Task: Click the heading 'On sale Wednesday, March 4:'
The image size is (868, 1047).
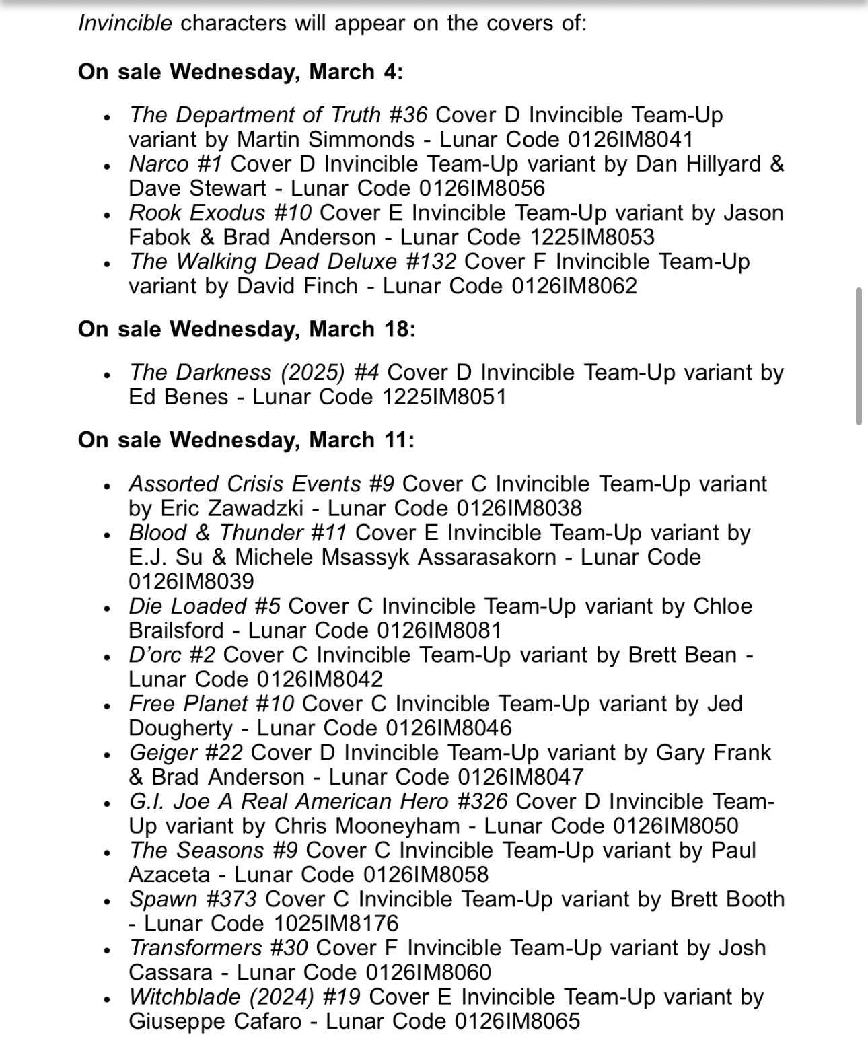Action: [x=240, y=71]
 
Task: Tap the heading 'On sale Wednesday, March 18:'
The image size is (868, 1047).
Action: [x=246, y=329]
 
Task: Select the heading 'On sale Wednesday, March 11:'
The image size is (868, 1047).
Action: [x=246, y=440]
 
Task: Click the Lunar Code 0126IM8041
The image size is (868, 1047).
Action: [x=630, y=139]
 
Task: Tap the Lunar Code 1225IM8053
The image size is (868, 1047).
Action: [x=592, y=237]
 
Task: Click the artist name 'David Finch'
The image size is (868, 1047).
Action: [x=297, y=286]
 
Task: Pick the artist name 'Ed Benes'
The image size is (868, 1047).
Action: [x=178, y=396]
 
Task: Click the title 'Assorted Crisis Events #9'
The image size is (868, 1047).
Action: [x=261, y=484]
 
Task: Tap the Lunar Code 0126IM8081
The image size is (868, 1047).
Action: [x=439, y=630]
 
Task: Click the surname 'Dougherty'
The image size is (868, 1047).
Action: [x=180, y=728]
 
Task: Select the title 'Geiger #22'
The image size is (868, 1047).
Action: [x=186, y=752]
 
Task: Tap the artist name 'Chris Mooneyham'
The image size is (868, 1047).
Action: [x=367, y=826]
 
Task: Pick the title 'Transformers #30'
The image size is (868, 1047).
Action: [x=218, y=948]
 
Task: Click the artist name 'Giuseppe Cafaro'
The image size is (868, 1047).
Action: [x=215, y=1021]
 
